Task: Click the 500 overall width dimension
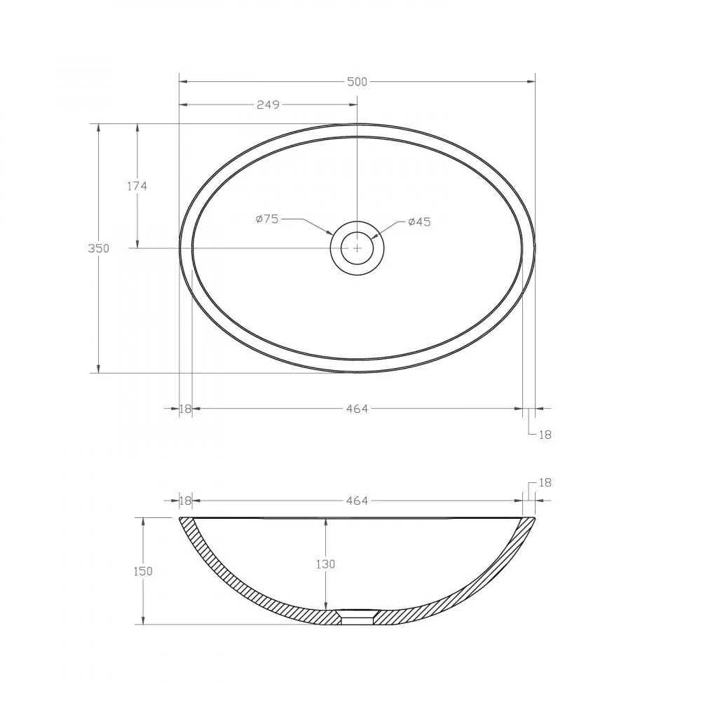coord(357,82)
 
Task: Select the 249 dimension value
coord(268,104)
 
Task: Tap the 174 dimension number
coord(137,186)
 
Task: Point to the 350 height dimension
coord(98,248)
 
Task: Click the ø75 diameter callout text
coord(267,219)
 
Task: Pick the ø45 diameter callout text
coord(419,222)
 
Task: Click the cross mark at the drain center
coord(357,247)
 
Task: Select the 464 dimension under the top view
coord(357,409)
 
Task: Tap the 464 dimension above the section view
coord(357,501)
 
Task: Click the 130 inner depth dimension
coord(325,564)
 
